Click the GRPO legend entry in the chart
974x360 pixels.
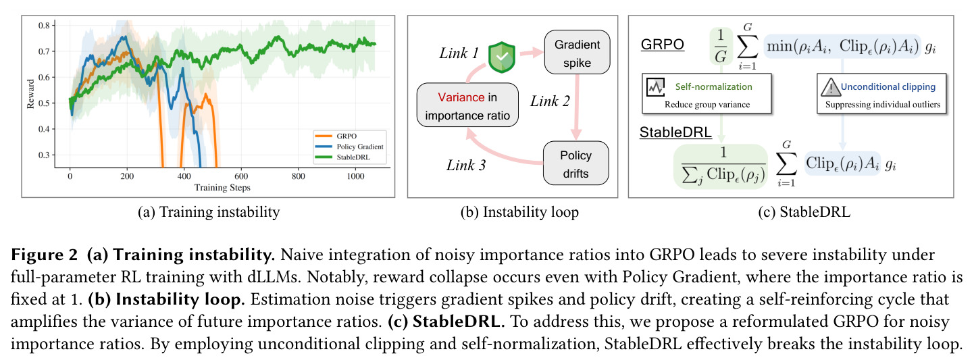coord(335,136)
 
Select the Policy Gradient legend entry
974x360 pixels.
coord(349,147)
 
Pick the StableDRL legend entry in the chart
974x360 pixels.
coord(342,157)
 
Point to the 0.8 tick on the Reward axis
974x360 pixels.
coord(44,25)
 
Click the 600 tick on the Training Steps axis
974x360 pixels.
coord(241,176)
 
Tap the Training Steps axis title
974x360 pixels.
coord(222,187)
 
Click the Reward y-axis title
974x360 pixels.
coord(30,94)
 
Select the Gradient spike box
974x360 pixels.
coord(577,52)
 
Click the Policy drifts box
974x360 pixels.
coord(575,163)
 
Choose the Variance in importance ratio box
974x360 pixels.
coord(467,105)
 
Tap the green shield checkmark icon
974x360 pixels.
coord(502,57)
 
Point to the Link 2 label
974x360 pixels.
coord(550,101)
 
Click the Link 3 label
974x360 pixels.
coord(465,165)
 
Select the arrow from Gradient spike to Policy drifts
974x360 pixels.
coord(577,107)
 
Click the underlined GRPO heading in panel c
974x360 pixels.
coord(662,45)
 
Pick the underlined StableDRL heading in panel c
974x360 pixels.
coord(675,132)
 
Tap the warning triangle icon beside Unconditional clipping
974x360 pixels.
coord(830,87)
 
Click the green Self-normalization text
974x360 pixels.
coord(713,86)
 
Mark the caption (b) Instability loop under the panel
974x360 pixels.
coord(519,212)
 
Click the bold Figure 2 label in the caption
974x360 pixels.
coord(45,255)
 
